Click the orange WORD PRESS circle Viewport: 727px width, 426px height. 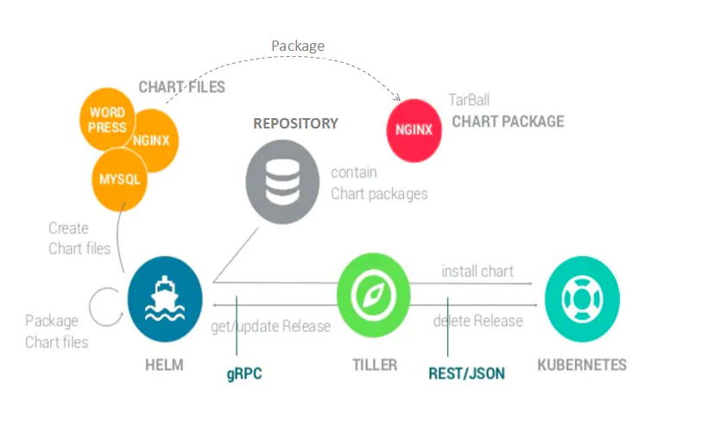tap(107, 120)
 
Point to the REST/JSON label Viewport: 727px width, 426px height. tap(467, 373)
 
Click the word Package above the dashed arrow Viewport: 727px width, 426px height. tap(298, 46)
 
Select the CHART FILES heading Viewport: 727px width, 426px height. tap(182, 87)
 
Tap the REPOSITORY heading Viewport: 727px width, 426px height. tap(295, 123)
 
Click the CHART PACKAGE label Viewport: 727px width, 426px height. tap(508, 122)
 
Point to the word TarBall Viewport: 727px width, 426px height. tap(469, 100)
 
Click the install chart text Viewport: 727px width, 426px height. tap(477, 271)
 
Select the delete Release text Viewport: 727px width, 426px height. tap(477, 321)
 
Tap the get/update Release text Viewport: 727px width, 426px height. tap(270, 326)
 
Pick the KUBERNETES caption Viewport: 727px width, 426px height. tap(582, 364)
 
